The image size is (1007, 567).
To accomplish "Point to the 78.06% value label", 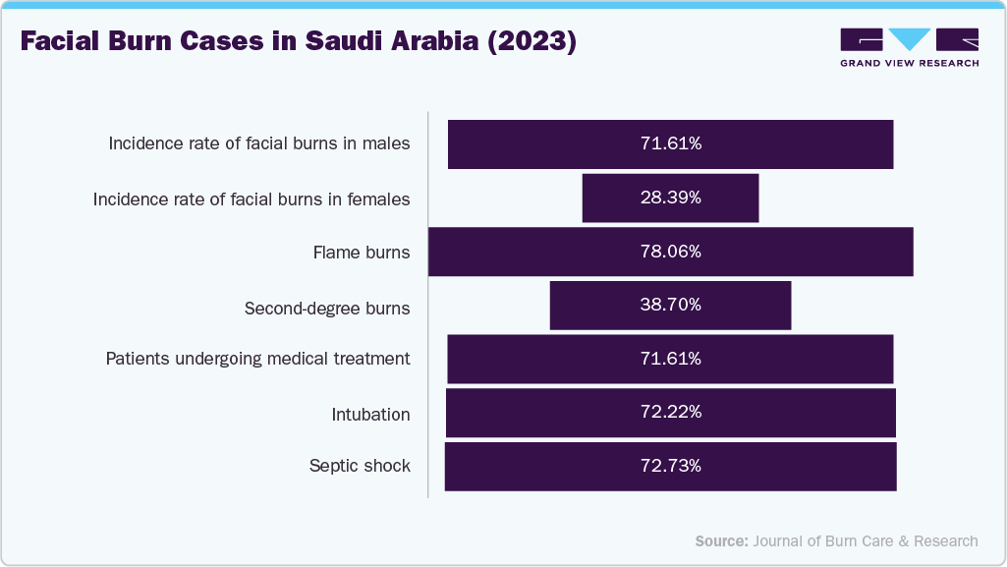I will tap(671, 252).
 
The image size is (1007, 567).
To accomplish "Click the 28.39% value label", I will tap(671, 198).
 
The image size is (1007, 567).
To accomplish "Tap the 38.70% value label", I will tap(671, 305).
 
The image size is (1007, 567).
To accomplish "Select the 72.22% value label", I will tap(671, 413).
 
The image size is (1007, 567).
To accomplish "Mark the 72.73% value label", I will tap(671, 466).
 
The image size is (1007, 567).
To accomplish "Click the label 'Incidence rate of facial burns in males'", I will tap(259, 144).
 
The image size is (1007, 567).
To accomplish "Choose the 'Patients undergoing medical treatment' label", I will tap(258, 359).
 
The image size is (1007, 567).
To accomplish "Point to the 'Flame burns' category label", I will tap(362, 253).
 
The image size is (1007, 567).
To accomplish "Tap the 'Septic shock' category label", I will tap(360, 466).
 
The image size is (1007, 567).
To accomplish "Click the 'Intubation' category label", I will tap(371, 414).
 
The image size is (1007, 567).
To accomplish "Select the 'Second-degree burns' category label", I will tap(327, 309).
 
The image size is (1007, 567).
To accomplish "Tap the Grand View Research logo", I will tap(909, 47).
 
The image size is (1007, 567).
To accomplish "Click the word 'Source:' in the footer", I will tap(722, 540).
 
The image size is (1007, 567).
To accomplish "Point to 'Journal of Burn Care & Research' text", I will tap(866, 540).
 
